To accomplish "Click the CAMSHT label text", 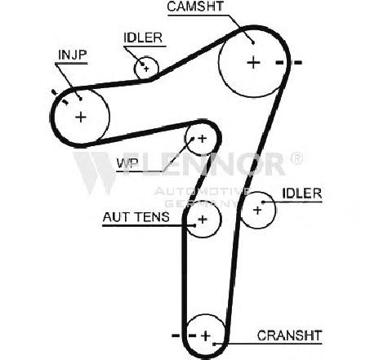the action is click(x=195, y=7).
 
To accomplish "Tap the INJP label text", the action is click(x=73, y=55).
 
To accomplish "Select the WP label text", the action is click(x=127, y=163).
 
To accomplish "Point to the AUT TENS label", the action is click(x=136, y=217).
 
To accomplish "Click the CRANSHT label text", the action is click(x=290, y=336).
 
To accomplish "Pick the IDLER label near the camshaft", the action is click(x=143, y=38).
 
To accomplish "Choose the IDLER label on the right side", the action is click(x=302, y=193).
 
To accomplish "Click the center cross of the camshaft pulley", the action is click(x=253, y=63).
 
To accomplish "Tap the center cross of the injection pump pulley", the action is click(x=81, y=118).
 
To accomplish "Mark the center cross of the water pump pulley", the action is click(x=202, y=139).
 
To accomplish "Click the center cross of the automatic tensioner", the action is click(x=203, y=219).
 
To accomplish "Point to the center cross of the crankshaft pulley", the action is click(x=206, y=336).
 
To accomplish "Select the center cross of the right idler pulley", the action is click(x=257, y=210).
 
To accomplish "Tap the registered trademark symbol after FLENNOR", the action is click(x=297, y=158).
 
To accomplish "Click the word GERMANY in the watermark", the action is click(x=202, y=203).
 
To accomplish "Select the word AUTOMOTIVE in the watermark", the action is click(x=202, y=192).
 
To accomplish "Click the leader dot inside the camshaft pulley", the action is click(x=253, y=42).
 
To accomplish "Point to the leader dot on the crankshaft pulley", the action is click(x=214, y=344).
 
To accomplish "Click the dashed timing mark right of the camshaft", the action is click(x=288, y=63).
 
